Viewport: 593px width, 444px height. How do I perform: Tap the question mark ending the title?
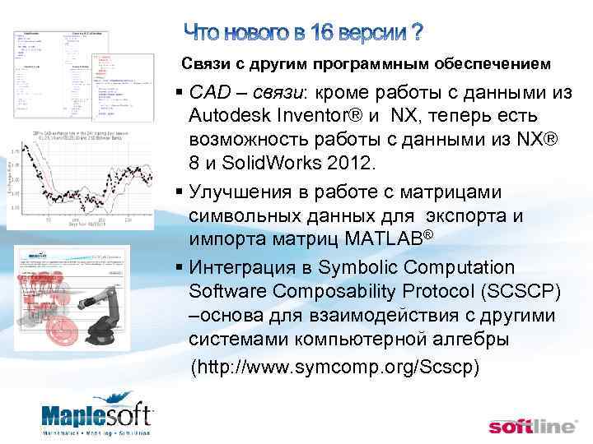tap(417, 33)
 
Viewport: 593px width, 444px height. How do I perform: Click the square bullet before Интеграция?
tap(179, 268)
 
